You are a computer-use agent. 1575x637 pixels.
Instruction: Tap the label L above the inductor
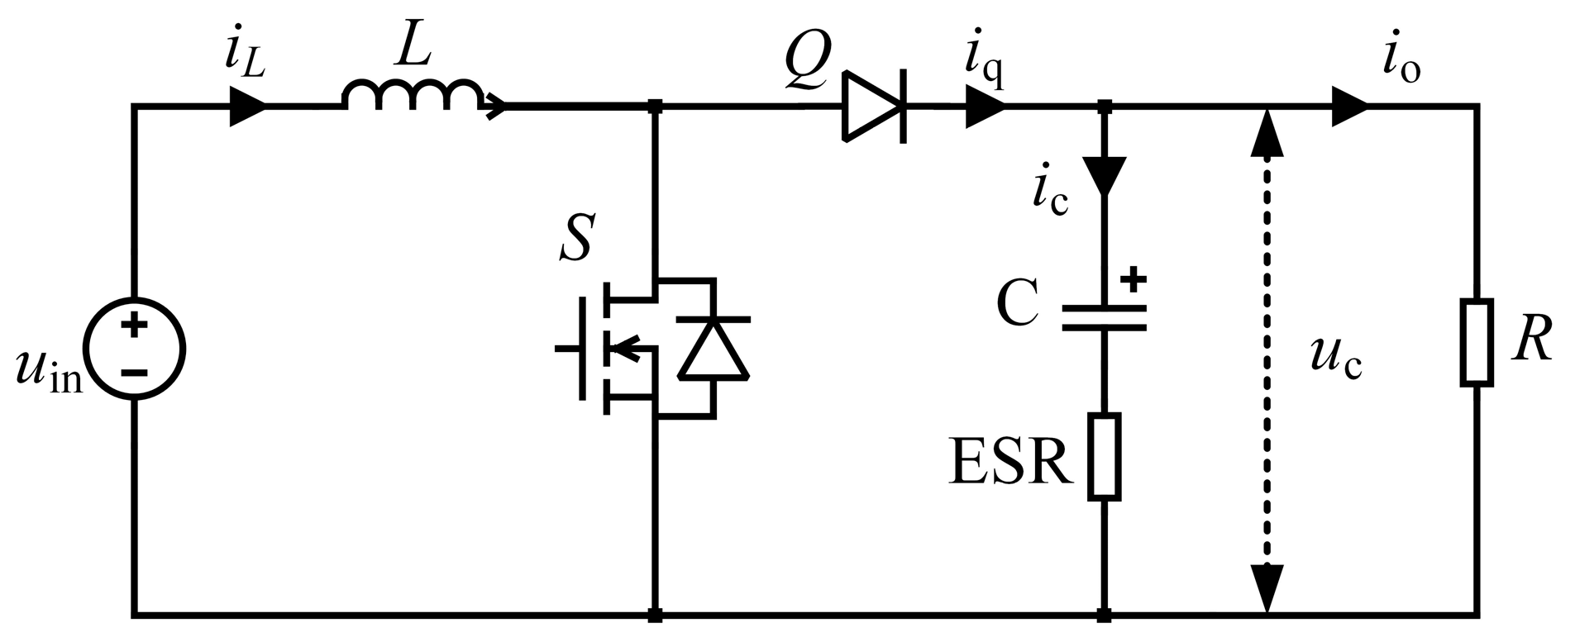coord(413,51)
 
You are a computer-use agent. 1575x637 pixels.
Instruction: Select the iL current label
coord(244,56)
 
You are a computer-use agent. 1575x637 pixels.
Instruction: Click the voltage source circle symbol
coord(134,349)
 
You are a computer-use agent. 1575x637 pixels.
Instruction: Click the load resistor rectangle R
coord(1477,343)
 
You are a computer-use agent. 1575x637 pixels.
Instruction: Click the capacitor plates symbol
coord(1105,317)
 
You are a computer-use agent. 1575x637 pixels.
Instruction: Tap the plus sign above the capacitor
coord(1134,279)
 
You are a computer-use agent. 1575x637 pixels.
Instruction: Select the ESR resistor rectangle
coord(1105,457)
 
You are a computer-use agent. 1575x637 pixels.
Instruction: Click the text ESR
coord(1010,463)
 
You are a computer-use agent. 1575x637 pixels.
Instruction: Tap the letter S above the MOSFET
coord(575,237)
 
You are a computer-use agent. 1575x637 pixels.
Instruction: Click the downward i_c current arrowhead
coord(1105,174)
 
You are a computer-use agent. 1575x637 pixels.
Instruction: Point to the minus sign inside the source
coord(133,373)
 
